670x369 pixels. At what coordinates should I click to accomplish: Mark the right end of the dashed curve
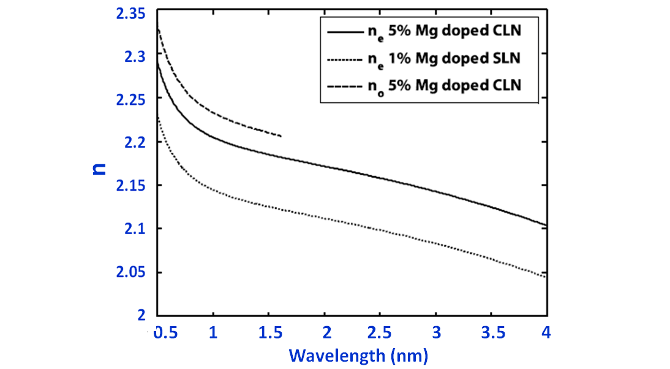point(280,135)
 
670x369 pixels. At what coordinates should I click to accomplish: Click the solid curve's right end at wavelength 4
point(545,225)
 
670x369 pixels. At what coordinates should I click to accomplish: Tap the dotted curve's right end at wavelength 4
point(545,277)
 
